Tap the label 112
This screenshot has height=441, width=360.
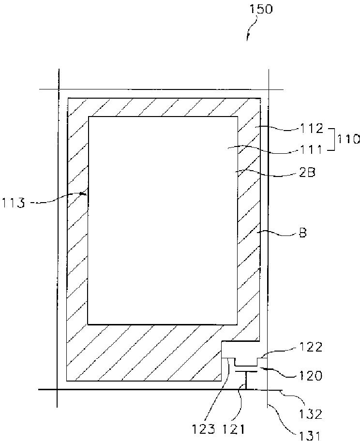(310, 129)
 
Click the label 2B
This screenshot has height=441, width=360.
(307, 172)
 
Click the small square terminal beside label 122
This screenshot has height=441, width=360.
(262, 361)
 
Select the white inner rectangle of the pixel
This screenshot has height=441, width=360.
(163, 220)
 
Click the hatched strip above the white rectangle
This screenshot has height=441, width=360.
(163, 107)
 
